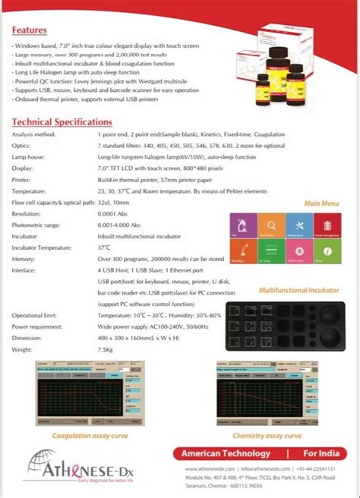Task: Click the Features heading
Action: [30, 30]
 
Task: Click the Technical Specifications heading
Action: [62, 121]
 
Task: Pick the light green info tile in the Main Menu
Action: [326, 251]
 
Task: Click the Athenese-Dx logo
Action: [68, 462]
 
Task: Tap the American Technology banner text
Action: [226, 453]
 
